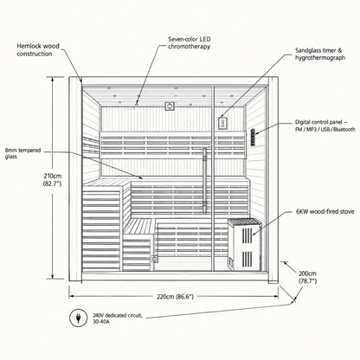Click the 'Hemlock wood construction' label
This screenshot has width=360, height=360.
point(38,50)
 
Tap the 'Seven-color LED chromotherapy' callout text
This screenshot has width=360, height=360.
point(190,42)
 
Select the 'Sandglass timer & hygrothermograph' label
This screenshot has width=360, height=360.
point(320,54)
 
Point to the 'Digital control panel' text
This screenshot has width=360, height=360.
point(319,122)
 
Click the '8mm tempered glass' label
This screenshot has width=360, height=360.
point(22,153)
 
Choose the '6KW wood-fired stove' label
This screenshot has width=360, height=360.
point(325,211)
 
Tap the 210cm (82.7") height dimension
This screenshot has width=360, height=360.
point(52,179)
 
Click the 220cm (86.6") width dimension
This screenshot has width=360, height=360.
point(175,297)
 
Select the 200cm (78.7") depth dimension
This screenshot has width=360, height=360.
point(307,277)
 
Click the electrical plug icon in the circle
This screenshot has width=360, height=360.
point(78,318)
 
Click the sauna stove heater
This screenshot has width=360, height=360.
point(245,244)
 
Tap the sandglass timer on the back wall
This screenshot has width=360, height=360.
point(222,123)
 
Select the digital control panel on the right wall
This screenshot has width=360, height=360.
point(253,137)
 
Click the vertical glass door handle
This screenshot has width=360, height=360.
point(204,180)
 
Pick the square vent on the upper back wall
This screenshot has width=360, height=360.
point(170,106)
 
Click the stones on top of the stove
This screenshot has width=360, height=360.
point(244,222)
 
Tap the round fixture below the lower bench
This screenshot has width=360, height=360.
point(155,259)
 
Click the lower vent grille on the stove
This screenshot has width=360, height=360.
point(247,259)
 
